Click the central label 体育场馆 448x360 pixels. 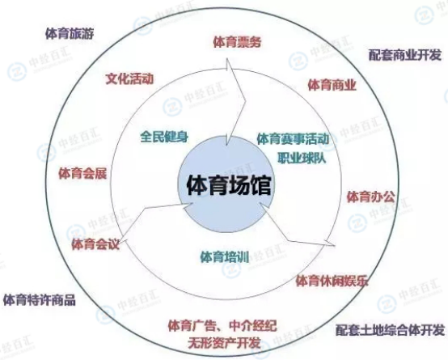pyautogui.click(x=229, y=185)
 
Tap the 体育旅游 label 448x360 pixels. pyautogui.click(x=70, y=34)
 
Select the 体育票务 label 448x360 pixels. pyautogui.click(x=237, y=42)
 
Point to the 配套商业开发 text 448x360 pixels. pyautogui.click(x=405, y=55)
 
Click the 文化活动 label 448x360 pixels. pyautogui.click(x=129, y=79)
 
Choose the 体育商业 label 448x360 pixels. pyautogui.click(x=332, y=85)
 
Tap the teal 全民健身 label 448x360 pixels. pyautogui.click(x=164, y=137)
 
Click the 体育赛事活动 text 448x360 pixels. pyautogui.click(x=293, y=139)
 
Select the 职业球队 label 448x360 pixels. pyautogui.click(x=302, y=158)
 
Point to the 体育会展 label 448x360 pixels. pyautogui.click(x=82, y=174)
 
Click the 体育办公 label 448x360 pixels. pyautogui.click(x=371, y=197)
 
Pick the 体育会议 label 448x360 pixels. pyautogui.click(x=95, y=244)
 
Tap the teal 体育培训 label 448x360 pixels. pyautogui.click(x=224, y=256)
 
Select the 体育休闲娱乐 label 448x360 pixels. pyautogui.click(x=332, y=281)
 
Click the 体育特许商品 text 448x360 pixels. pyautogui.click(x=40, y=300)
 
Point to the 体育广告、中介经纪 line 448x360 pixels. pyautogui.click(x=222, y=325)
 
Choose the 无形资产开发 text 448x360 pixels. pyautogui.click(x=224, y=343)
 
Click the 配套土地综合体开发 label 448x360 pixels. pyautogui.click(x=391, y=330)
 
